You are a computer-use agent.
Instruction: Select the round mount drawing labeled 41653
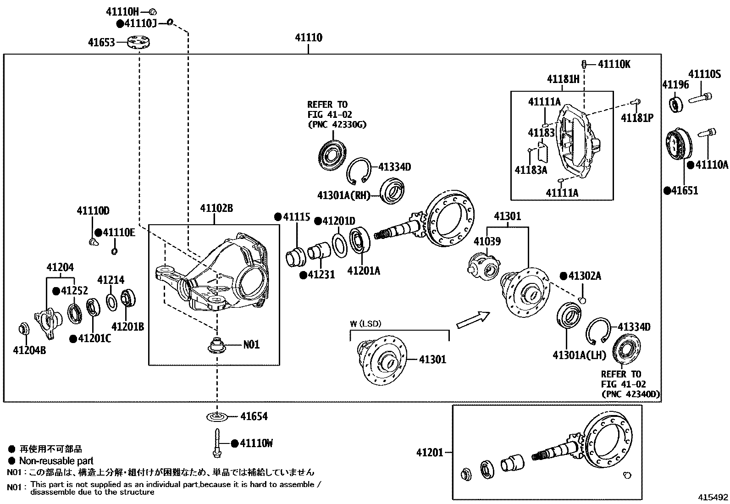[139, 43]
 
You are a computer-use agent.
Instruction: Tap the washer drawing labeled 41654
[216, 416]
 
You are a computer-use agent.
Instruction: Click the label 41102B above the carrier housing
[216, 209]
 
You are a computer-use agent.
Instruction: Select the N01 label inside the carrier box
[251, 344]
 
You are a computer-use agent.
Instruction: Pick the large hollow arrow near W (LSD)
[473, 319]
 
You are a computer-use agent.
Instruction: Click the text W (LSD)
[365, 324]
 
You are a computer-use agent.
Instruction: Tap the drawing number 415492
[713, 497]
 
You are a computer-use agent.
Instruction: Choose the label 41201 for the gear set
[430, 453]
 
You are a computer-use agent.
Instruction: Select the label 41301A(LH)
[579, 355]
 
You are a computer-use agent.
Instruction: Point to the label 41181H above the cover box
[563, 79]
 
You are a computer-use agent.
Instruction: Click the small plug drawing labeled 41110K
[585, 64]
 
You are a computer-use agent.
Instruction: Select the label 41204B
[29, 351]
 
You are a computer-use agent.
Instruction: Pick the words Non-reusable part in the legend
[56, 461]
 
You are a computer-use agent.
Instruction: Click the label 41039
[487, 241]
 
